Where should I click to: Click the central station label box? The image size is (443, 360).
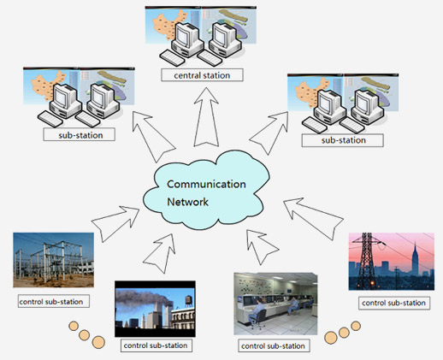click(202, 75)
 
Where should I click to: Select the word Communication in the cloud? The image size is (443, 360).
click(206, 184)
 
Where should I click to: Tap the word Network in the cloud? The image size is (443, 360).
click(187, 202)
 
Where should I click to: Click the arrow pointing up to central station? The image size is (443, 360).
click(206, 117)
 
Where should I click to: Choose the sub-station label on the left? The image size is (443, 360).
click(80, 134)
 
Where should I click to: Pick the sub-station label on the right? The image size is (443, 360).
click(343, 140)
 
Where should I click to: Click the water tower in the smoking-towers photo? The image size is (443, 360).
click(189, 301)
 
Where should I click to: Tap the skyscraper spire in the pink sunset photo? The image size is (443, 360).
click(415, 259)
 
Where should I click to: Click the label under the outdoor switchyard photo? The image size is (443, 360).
click(54, 301)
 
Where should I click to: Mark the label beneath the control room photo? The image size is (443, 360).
click(274, 345)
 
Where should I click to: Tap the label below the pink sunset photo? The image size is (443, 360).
click(394, 303)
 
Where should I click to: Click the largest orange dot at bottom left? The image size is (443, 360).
click(98, 342)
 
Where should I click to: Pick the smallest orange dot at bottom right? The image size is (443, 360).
click(356, 326)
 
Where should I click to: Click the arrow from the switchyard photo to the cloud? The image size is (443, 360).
click(115, 224)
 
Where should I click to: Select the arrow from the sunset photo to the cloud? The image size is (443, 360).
click(313, 219)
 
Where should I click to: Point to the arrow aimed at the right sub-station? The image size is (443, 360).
click(269, 133)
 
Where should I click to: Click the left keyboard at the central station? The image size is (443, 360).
click(172, 58)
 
